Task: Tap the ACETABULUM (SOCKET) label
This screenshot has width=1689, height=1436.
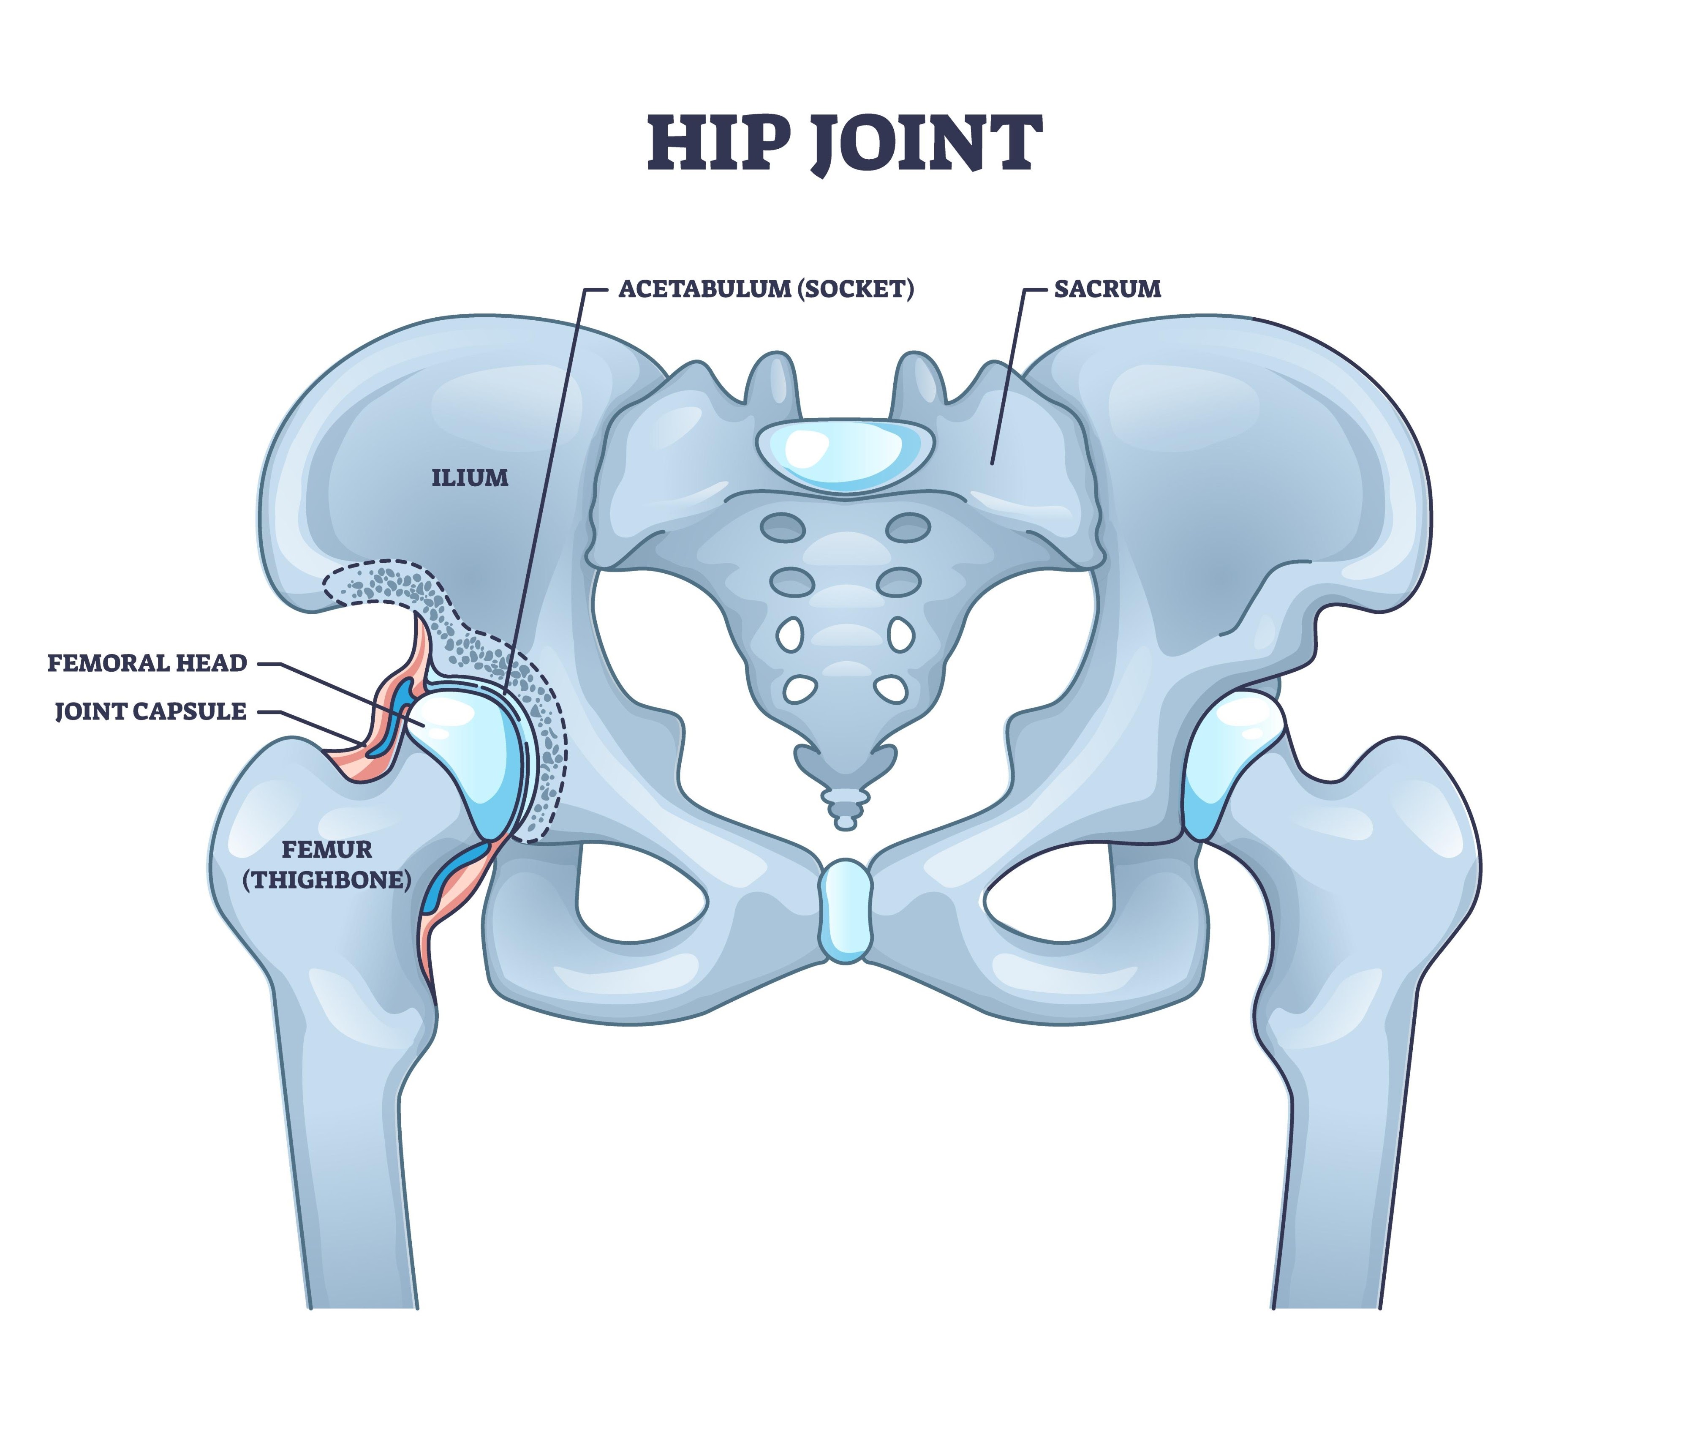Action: [765, 289]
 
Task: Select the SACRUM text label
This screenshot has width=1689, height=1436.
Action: [1107, 289]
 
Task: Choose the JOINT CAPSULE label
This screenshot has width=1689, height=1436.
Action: [151, 711]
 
